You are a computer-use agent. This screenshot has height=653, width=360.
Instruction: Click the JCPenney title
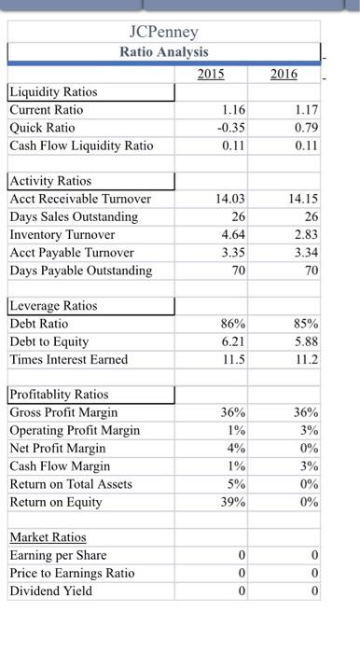point(163,32)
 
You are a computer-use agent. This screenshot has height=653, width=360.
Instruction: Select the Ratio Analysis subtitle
point(163,52)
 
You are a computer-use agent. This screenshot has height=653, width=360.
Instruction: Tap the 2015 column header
point(217,73)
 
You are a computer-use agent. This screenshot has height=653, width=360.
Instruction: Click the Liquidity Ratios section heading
point(53,92)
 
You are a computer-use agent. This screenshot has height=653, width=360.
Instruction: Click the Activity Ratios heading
point(50,181)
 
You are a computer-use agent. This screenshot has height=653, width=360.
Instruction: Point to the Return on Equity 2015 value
point(233,502)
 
